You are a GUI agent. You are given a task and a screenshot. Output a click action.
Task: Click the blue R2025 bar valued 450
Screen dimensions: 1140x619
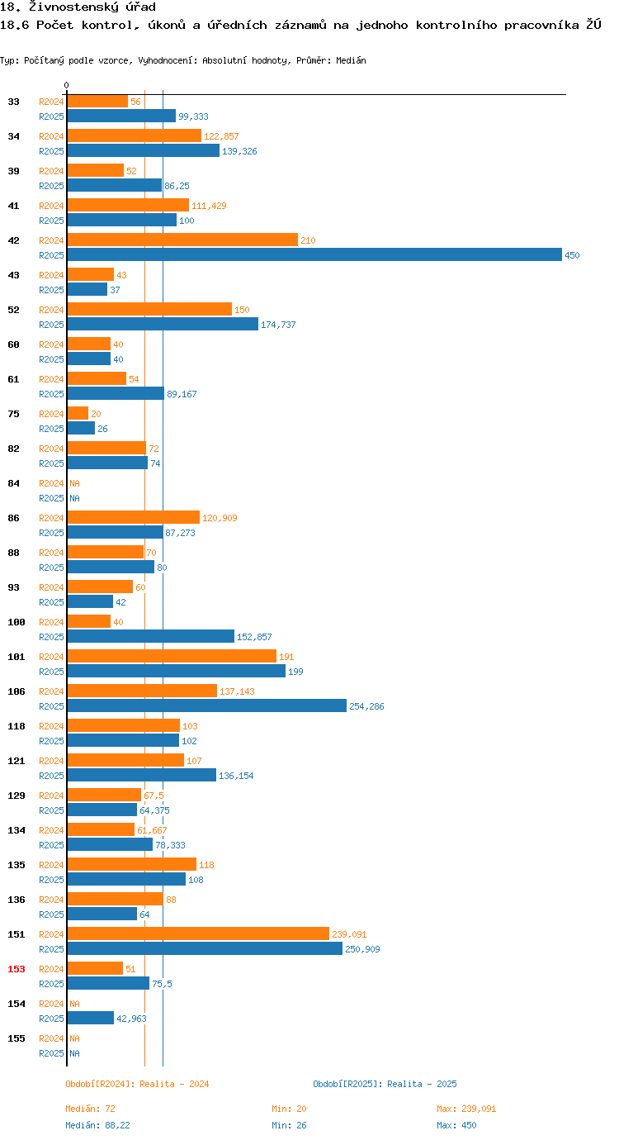click(x=314, y=255)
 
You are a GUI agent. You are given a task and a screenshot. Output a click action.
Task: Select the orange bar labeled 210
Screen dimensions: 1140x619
click(x=182, y=240)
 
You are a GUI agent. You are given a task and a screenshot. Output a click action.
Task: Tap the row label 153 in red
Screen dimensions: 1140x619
click(x=17, y=969)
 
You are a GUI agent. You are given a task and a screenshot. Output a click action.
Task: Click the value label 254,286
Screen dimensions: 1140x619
click(x=366, y=706)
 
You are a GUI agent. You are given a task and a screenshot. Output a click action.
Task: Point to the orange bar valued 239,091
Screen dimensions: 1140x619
click(x=198, y=933)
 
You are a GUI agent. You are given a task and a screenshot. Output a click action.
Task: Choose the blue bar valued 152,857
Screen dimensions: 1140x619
click(x=151, y=636)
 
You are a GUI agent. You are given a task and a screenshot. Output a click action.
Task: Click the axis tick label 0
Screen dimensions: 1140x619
click(x=67, y=85)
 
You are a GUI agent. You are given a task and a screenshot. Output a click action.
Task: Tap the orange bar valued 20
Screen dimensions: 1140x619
click(x=78, y=413)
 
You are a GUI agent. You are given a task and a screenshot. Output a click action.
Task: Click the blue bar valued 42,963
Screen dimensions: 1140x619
click(x=91, y=1018)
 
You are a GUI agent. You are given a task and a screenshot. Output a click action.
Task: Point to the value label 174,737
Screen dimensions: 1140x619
click(x=278, y=325)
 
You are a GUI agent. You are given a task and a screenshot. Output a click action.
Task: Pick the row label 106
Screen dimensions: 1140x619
click(x=17, y=691)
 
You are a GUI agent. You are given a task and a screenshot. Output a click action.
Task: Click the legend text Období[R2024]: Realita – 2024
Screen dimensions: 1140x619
click(x=137, y=1084)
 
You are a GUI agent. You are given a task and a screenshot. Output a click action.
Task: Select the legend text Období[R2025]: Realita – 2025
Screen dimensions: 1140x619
click(x=385, y=1084)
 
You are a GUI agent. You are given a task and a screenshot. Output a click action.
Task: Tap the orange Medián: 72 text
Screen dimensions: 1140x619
click(x=90, y=1109)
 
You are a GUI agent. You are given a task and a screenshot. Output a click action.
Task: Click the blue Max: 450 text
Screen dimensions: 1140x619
click(x=456, y=1125)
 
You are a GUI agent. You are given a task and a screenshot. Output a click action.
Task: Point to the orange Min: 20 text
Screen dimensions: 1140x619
click(x=289, y=1109)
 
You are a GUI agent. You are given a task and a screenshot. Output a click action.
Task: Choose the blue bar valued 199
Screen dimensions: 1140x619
click(x=176, y=671)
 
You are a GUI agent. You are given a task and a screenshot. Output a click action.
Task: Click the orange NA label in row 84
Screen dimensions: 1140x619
click(x=74, y=483)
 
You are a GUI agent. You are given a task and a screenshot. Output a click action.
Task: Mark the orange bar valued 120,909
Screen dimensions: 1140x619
click(x=133, y=517)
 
